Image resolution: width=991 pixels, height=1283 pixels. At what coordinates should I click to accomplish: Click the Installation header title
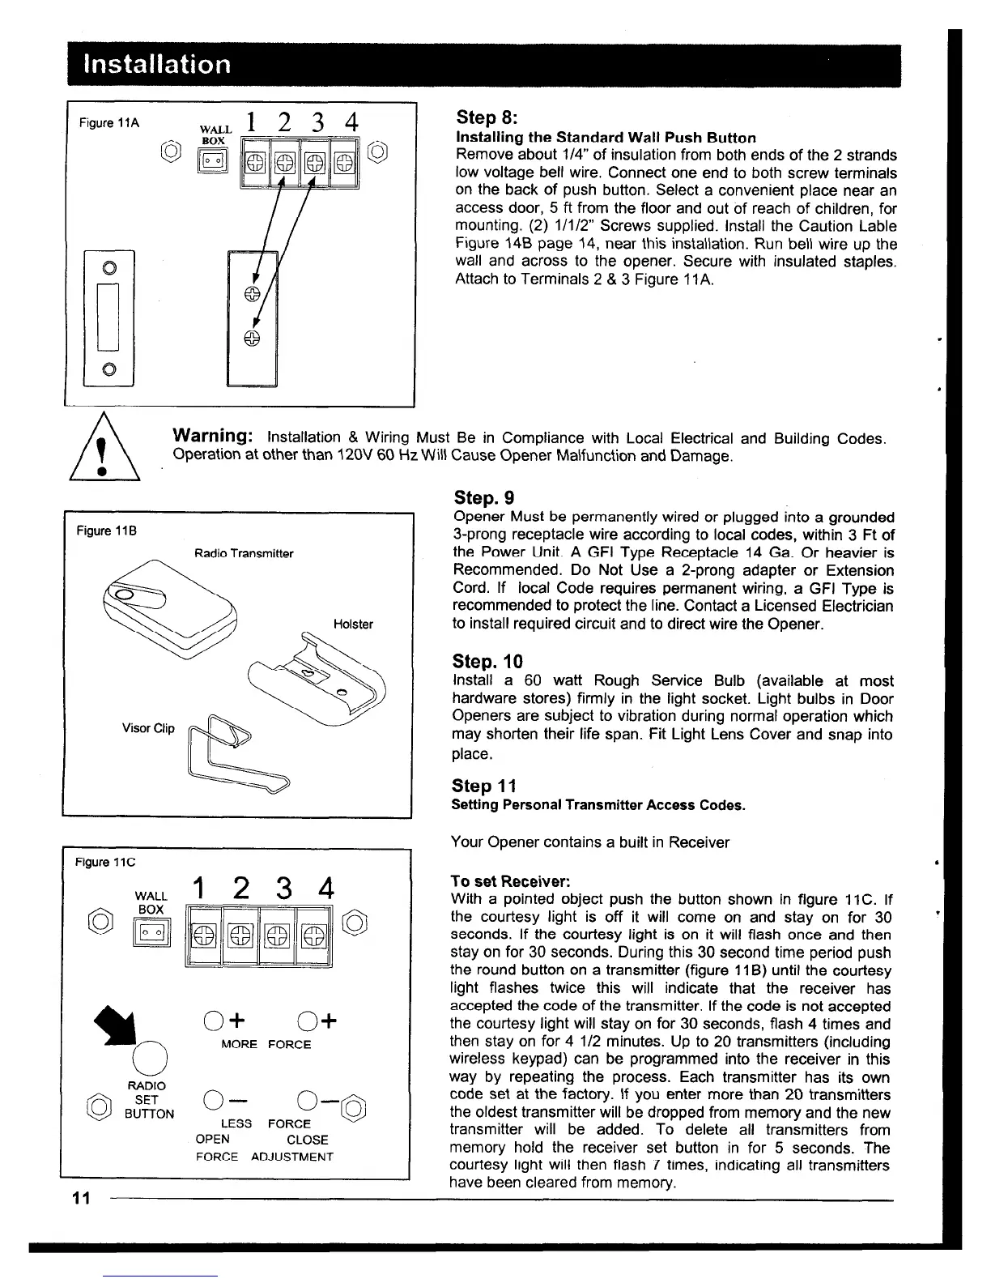pyautogui.click(x=151, y=64)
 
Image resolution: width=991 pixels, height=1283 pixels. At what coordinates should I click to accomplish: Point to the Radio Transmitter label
pyautogui.click(x=244, y=554)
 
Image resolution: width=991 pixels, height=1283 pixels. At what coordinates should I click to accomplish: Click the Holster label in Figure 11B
pyautogui.click(x=353, y=624)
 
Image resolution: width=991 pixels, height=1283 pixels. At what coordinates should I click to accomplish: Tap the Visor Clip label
pyautogui.click(x=148, y=728)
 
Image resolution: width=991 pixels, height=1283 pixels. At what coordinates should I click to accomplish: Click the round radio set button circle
pyautogui.click(x=151, y=1059)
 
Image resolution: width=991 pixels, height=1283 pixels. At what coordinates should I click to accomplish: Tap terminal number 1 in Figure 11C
pyautogui.click(x=195, y=889)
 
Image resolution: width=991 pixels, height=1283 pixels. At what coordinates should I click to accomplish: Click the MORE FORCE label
pyautogui.click(x=266, y=1045)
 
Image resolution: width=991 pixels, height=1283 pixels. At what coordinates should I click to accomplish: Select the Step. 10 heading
pyautogui.click(x=488, y=661)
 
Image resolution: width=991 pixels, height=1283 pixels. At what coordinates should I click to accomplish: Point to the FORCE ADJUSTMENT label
pyautogui.click(x=264, y=1157)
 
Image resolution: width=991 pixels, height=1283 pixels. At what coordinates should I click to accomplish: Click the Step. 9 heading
pyautogui.click(x=484, y=497)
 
